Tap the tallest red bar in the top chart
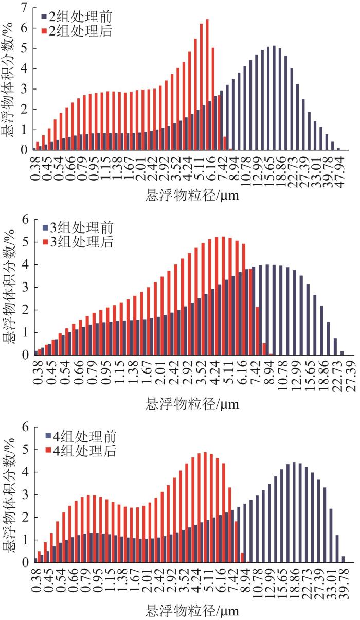(207, 85)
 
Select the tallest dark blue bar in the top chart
(274, 98)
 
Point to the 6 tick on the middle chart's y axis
(24, 220)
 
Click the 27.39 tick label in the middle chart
(350, 374)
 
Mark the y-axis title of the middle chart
(9, 287)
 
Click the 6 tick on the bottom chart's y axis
(24, 428)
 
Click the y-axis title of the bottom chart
(9, 494)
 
